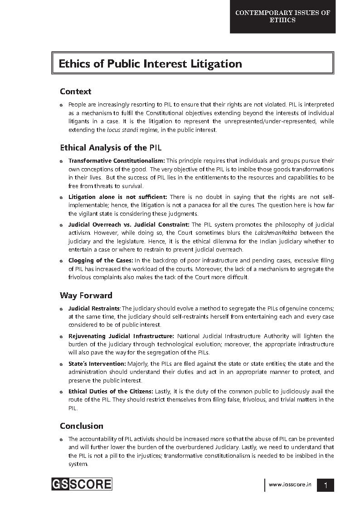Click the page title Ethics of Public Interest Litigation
[150, 64]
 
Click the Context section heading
[75, 92]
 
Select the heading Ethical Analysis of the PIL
[111, 148]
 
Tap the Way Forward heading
[86, 296]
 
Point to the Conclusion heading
[82, 426]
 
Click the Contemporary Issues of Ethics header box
[282, 17]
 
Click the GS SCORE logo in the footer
[82, 484]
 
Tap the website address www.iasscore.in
[290, 485]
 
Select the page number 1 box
[326, 485]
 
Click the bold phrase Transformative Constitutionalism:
[117, 161]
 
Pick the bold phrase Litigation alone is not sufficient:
[118, 197]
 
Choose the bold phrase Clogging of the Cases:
[101, 261]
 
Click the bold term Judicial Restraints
[94, 309]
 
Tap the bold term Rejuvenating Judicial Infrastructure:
[121, 336]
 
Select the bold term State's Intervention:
[97, 364]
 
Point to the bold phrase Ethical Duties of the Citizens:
[111, 392]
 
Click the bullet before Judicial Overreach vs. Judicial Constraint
[62, 225]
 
